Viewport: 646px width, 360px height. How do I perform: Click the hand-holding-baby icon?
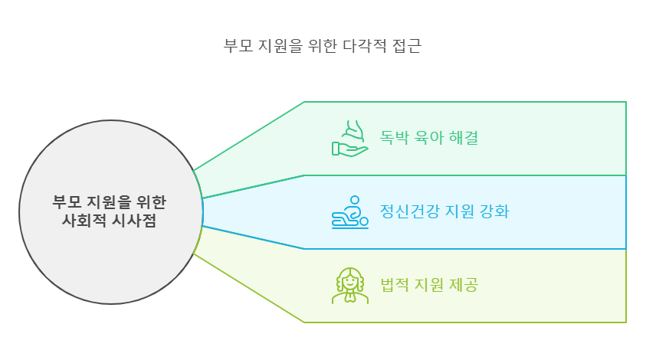point(349,139)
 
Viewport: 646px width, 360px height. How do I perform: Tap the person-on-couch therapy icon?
point(349,212)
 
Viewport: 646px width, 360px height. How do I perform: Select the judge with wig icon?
point(349,286)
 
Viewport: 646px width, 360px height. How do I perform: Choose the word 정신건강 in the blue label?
point(409,212)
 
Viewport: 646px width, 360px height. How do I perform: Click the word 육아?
point(431,139)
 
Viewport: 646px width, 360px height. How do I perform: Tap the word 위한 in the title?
point(318,44)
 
